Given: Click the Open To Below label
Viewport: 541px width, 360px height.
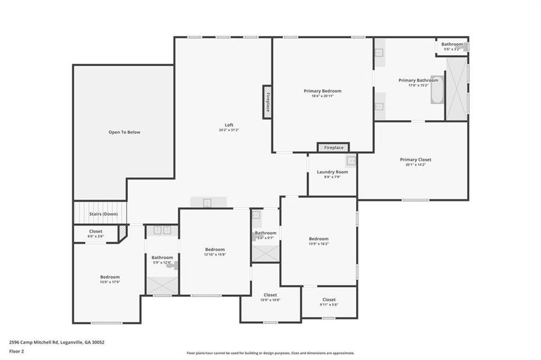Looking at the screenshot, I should pyautogui.click(x=124, y=132).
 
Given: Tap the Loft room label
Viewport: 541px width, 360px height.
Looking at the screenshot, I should pyautogui.click(x=229, y=125).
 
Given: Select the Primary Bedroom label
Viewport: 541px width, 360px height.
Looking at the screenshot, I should pyautogui.click(x=322, y=91).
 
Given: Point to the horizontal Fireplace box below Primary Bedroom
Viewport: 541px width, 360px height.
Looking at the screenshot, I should pyautogui.click(x=334, y=148).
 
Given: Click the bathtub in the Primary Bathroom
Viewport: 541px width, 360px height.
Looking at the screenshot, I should pyautogui.click(x=436, y=98).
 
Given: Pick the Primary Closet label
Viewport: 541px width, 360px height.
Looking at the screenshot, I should pyautogui.click(x=416, y=160).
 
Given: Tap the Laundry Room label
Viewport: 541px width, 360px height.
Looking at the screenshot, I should pyautogui.click(x=333, y=172).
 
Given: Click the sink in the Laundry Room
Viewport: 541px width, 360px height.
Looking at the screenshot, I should pyautogui.click(x=351, y=161).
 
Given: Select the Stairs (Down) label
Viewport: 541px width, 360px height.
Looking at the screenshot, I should pyautogui.click(x=103, y=214).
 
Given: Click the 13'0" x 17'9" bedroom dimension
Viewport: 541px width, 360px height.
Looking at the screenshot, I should pyautogui.click(x=110, y=282).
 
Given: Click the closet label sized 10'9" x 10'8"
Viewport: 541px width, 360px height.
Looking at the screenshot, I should pyautogui.click(x=270, y=295).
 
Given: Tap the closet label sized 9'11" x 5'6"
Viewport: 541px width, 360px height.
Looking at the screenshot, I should pyautogui.click(x=329, y=299).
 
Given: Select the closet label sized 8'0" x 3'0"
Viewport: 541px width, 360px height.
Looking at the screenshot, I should pyautogui.click(x=96, y=231).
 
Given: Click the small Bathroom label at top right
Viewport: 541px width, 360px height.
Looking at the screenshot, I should pyautogui.click(x=452, y=44).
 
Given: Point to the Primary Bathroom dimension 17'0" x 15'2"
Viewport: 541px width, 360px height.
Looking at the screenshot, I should pyautogui.click(x=419, y=85).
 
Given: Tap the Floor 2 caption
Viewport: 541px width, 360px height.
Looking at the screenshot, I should pyautogui.click(x=16, y=352).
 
